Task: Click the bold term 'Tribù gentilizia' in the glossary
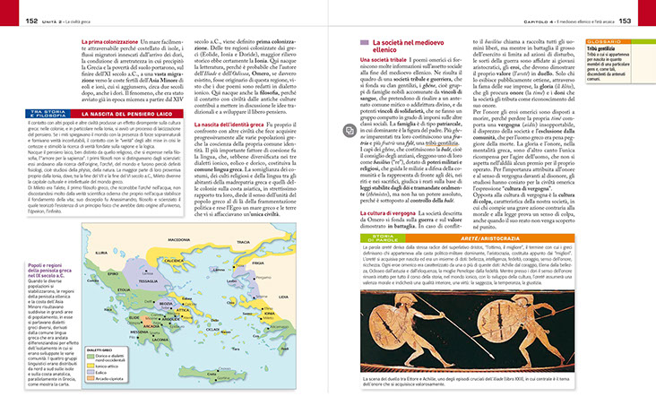click(x=596, y=49)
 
